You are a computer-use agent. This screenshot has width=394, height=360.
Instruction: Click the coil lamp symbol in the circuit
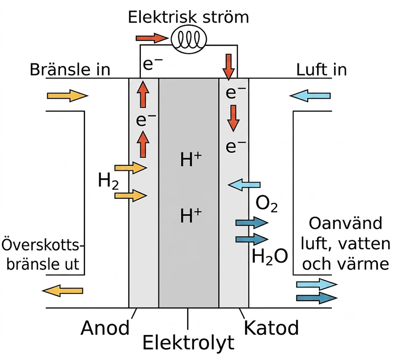pos(189,39)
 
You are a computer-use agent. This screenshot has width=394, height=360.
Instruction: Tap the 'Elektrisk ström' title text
pos(188,17)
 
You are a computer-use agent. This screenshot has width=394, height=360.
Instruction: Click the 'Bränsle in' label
pos(70,69)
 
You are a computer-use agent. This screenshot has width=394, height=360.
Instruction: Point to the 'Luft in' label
pos(321,69)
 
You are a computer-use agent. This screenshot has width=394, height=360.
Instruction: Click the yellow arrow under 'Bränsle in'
pos(68,96)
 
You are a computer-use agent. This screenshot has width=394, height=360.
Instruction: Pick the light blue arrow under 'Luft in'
pos(310,96)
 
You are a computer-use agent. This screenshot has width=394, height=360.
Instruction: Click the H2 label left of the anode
pos(108,181)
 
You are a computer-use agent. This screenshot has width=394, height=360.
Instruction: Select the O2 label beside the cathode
pos(267,204)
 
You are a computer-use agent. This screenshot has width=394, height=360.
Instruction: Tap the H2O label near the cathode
pos(270,256)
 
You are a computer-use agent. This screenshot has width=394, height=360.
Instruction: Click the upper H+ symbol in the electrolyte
pos(191,159)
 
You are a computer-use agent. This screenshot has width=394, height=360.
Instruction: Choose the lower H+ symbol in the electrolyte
pos(191,216)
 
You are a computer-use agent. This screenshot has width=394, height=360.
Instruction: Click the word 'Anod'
pos(105,328)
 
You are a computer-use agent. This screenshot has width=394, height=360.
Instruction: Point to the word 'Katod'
pos(271,328)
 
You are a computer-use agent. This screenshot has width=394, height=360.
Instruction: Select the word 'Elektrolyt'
pos(189,343)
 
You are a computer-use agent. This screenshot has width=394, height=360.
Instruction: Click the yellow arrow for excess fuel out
pos(63,291)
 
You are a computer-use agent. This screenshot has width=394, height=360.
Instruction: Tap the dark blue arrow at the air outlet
pos(317,298)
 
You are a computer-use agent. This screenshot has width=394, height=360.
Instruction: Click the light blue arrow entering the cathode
pos(244,185)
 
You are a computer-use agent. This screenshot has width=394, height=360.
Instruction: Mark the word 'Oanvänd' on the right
pos(345,223)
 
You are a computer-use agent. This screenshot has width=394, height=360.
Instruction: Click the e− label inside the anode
pos(146,120)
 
